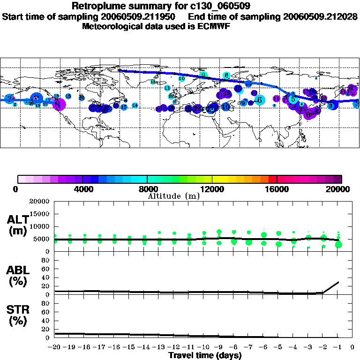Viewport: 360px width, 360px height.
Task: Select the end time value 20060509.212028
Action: [x=320, y=16]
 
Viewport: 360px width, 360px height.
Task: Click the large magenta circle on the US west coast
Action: [x=60, y=104]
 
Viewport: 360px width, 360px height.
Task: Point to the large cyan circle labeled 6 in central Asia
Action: [x=259, y=99]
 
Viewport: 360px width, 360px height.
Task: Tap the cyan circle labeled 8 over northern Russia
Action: [x=226, y=75]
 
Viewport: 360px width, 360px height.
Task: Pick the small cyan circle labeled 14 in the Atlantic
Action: [x=135, y=105]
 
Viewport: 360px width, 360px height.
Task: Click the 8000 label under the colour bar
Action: [x=147, y=189]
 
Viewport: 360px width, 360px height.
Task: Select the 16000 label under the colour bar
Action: [x=277, y=189]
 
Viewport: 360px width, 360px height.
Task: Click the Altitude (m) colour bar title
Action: [x=173, y=196]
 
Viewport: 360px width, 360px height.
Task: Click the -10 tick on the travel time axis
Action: [x=202, y=347]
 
